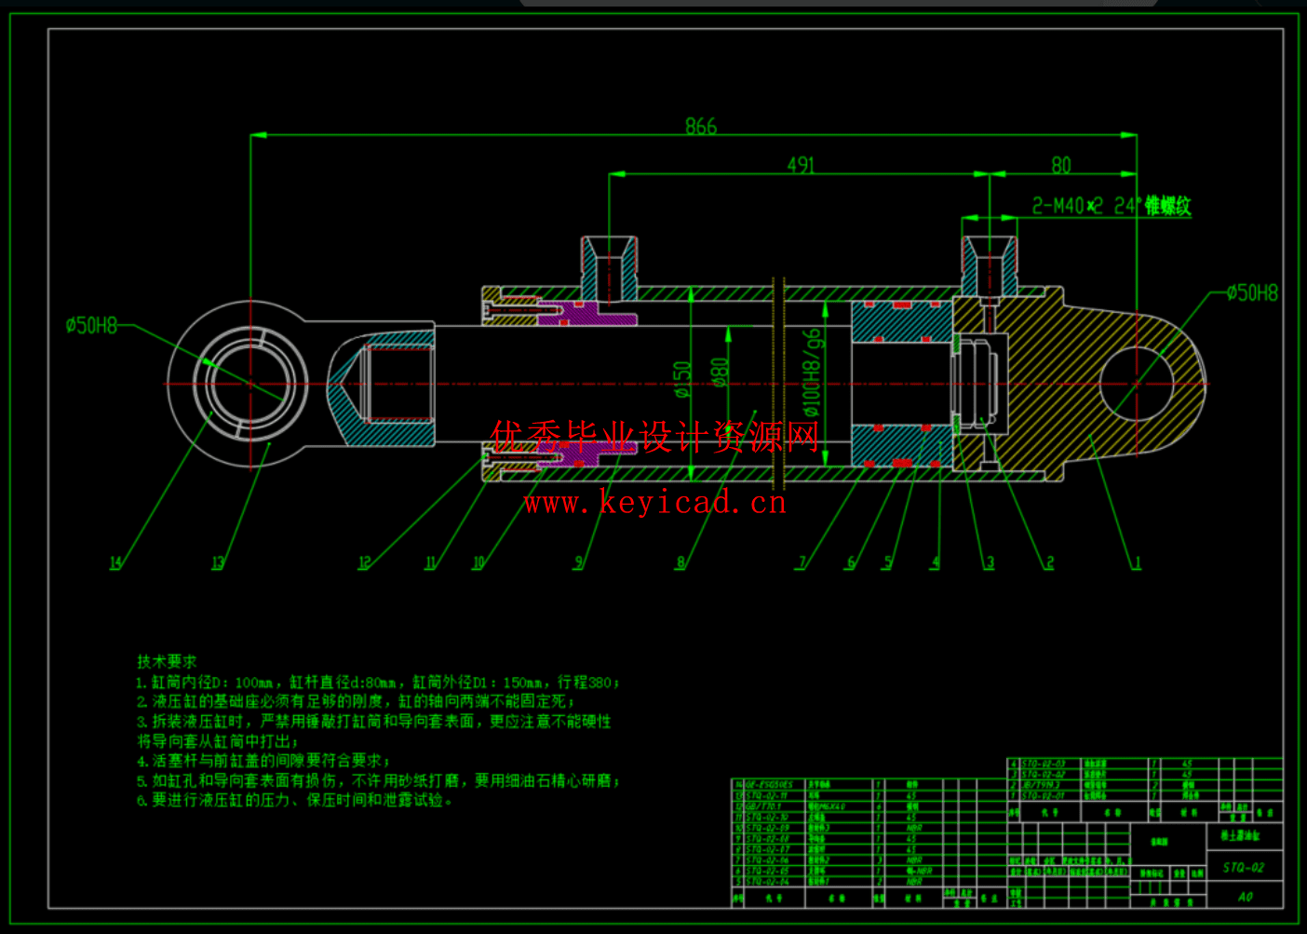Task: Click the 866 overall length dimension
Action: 701,126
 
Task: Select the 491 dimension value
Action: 801,165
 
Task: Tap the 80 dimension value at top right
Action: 1061,165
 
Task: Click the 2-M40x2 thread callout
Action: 1111,206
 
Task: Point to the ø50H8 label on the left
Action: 91,325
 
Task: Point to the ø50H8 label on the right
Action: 1252,293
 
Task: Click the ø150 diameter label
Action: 683,379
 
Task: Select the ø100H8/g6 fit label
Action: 813,372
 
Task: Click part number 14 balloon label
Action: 115,562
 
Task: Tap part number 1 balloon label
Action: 1137,562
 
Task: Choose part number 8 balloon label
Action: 680,562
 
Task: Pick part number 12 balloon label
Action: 364,562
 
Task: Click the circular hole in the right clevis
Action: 1137,384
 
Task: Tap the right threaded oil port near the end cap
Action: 989,265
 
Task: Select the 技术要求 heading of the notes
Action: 168,661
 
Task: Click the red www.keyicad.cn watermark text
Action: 654,504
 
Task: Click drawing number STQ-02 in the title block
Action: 1244,867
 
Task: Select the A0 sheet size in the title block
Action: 1246,897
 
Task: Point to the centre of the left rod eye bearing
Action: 250,384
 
